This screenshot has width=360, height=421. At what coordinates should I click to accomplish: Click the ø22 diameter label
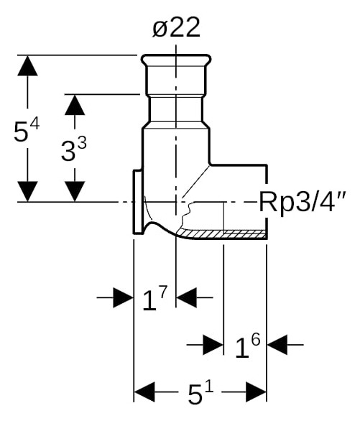(x=176, y=27)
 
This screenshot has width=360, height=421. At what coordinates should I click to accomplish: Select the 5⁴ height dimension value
(x=27, y=131)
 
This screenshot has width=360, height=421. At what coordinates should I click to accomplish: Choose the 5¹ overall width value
(x=200, y=392)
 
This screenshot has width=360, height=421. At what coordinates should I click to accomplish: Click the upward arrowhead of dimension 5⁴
(x=27, y=65)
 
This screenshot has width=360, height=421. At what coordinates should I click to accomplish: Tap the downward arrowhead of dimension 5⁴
(x=27, y=191)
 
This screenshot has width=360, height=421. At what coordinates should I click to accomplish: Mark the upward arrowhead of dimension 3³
(x=75, y=105)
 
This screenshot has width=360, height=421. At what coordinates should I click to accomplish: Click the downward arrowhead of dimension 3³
(x=75, y=191)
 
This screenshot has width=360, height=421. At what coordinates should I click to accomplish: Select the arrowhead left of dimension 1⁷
(x=124, y=297)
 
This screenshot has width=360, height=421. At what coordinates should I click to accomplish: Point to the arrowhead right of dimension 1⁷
(x=186, y=297)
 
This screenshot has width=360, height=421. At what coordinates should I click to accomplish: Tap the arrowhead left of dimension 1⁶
(x=213, y=344)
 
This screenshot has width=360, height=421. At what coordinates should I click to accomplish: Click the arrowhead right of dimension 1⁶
(x=277, y=344)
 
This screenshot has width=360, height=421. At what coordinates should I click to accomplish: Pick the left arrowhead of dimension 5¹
(x=144, y=392)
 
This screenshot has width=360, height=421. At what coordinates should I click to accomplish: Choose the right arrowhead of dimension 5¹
(x=256, y=392)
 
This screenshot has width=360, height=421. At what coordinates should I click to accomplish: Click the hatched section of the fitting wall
(x=223, y=234)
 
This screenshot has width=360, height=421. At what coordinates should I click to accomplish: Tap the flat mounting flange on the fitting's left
(x=138, y=202)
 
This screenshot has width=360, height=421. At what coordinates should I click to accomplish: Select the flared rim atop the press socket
(x=176, y=60)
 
